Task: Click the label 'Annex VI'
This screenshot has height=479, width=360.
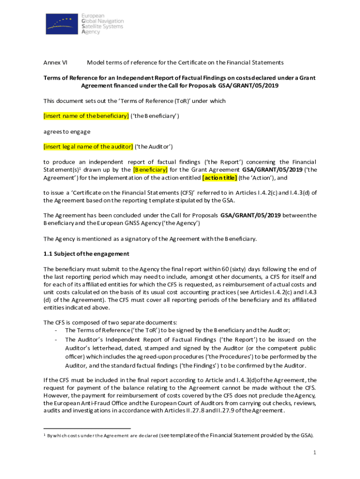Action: click(x=55, y=62)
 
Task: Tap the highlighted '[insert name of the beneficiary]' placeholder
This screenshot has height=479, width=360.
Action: click(x=86, y=116)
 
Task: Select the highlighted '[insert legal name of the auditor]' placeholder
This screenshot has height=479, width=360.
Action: click(x=88, y=146)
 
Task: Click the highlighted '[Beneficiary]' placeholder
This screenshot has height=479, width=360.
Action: click(x=151, y=169)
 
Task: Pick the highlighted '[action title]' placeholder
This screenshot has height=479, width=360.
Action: click(x=219, y=178)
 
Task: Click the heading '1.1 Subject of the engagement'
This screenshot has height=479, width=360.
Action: click(x=86, y=254)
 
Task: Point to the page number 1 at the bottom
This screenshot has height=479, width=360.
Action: click(x=316, y=453)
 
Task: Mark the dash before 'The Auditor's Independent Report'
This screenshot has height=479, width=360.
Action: click(x=56, y=340)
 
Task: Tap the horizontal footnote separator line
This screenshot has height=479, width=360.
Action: click(x=87, y=428)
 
